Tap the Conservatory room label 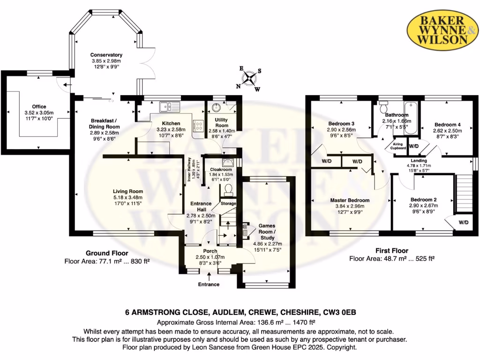point(106,55)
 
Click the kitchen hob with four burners point(198,125)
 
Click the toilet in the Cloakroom point(229,189)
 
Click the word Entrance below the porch point(209,285)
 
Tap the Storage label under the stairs point(228,203)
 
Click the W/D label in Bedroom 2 point(463,222)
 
